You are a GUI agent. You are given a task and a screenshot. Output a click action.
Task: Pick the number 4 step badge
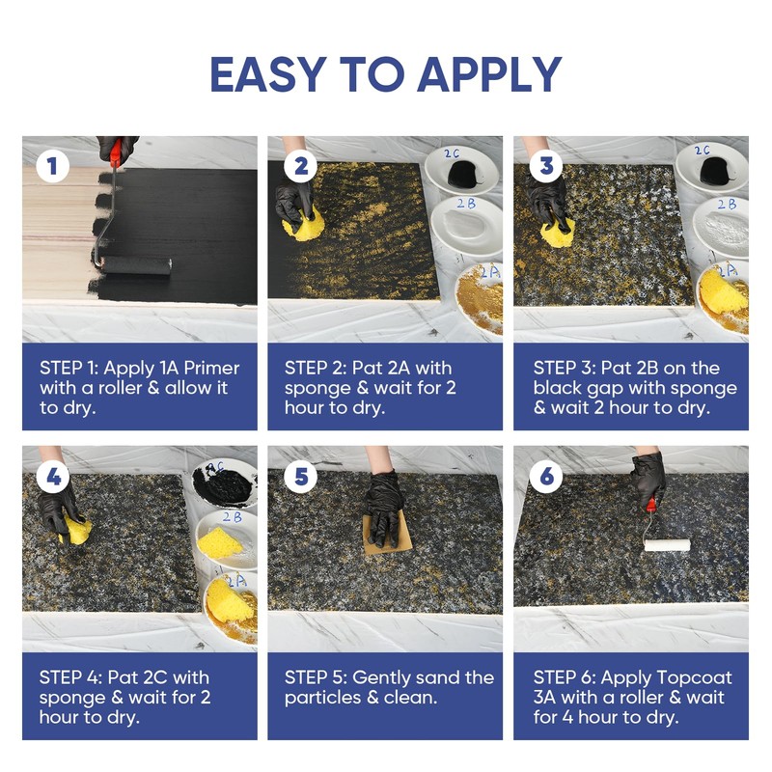click(x=52, y=476)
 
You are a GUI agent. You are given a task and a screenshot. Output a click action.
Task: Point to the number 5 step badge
click(x=300, y=476)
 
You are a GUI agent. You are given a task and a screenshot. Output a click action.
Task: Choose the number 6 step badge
click(x=546, y=476)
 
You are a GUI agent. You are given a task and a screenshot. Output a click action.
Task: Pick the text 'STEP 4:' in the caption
click(x=70, y=676)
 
